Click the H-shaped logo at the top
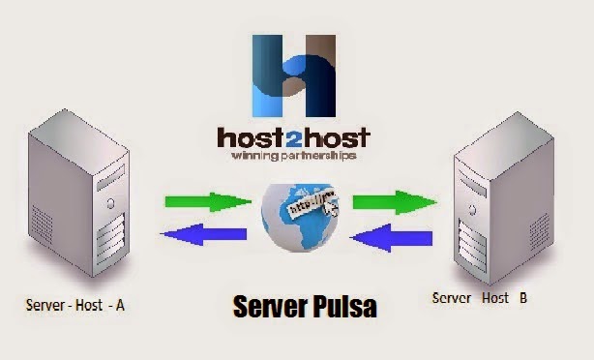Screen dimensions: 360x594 point(295,74)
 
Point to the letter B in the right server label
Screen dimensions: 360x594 point(522,299)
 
